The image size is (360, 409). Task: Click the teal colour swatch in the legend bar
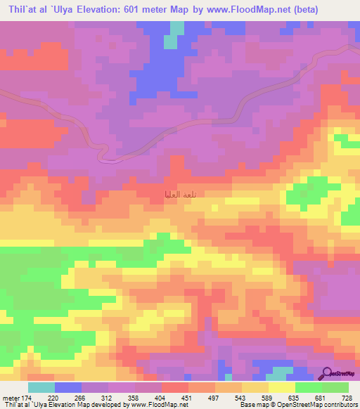click(41, 387)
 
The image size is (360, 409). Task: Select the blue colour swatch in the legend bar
click(68, 387)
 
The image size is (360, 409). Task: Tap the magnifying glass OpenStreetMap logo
click(328, 373)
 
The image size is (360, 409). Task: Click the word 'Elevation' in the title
click(84, 9)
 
